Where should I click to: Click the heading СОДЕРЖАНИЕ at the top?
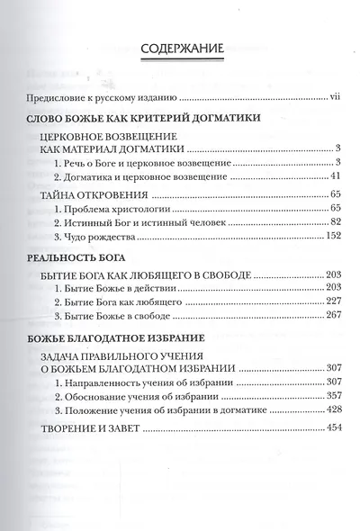tap(179, 49)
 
